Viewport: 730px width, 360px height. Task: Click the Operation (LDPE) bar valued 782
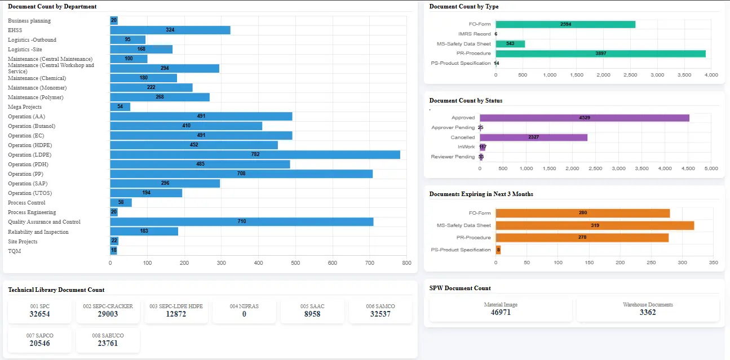coord(255,154)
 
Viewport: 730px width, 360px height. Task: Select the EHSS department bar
coord(170,30)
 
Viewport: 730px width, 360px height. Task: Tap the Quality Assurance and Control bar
coord(242,221)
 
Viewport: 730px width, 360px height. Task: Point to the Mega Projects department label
coord(25,107)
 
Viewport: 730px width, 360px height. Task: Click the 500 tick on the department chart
coord(295,263)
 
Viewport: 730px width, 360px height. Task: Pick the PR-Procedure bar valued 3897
coord(600,54)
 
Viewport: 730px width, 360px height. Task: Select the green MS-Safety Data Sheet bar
coord(510,43)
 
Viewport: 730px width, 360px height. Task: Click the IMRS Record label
coord(474,34)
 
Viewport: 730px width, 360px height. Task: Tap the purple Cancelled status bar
coord(533,137)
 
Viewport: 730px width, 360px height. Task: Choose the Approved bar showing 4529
coord(585,118)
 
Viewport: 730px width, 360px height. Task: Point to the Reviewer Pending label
coord(453,157)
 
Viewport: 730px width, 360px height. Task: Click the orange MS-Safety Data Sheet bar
coord(595,225)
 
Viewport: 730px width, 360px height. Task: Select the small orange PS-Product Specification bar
coord(498,250)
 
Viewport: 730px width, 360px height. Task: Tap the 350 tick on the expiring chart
coord(714,263)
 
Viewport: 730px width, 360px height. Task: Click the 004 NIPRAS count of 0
coord(244,314)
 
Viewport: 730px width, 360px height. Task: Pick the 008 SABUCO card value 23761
coord(108,344)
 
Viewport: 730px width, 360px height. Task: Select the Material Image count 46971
coord(501,313)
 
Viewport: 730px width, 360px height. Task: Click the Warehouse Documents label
coord(648,305)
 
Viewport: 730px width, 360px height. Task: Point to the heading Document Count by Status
coord(466,101)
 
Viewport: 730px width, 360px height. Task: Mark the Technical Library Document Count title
coord(56,290)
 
